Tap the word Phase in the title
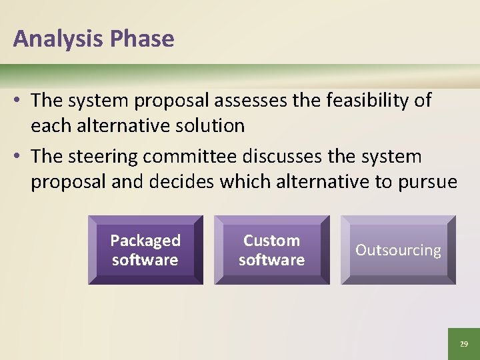coord(142,39)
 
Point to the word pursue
coord(427,182)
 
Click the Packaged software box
coord(145,250)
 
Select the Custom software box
coord(271,250)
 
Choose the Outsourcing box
coord(398,250)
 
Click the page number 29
coord(463,344)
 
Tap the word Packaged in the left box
coord(145,241)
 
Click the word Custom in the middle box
coord(271,241)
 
